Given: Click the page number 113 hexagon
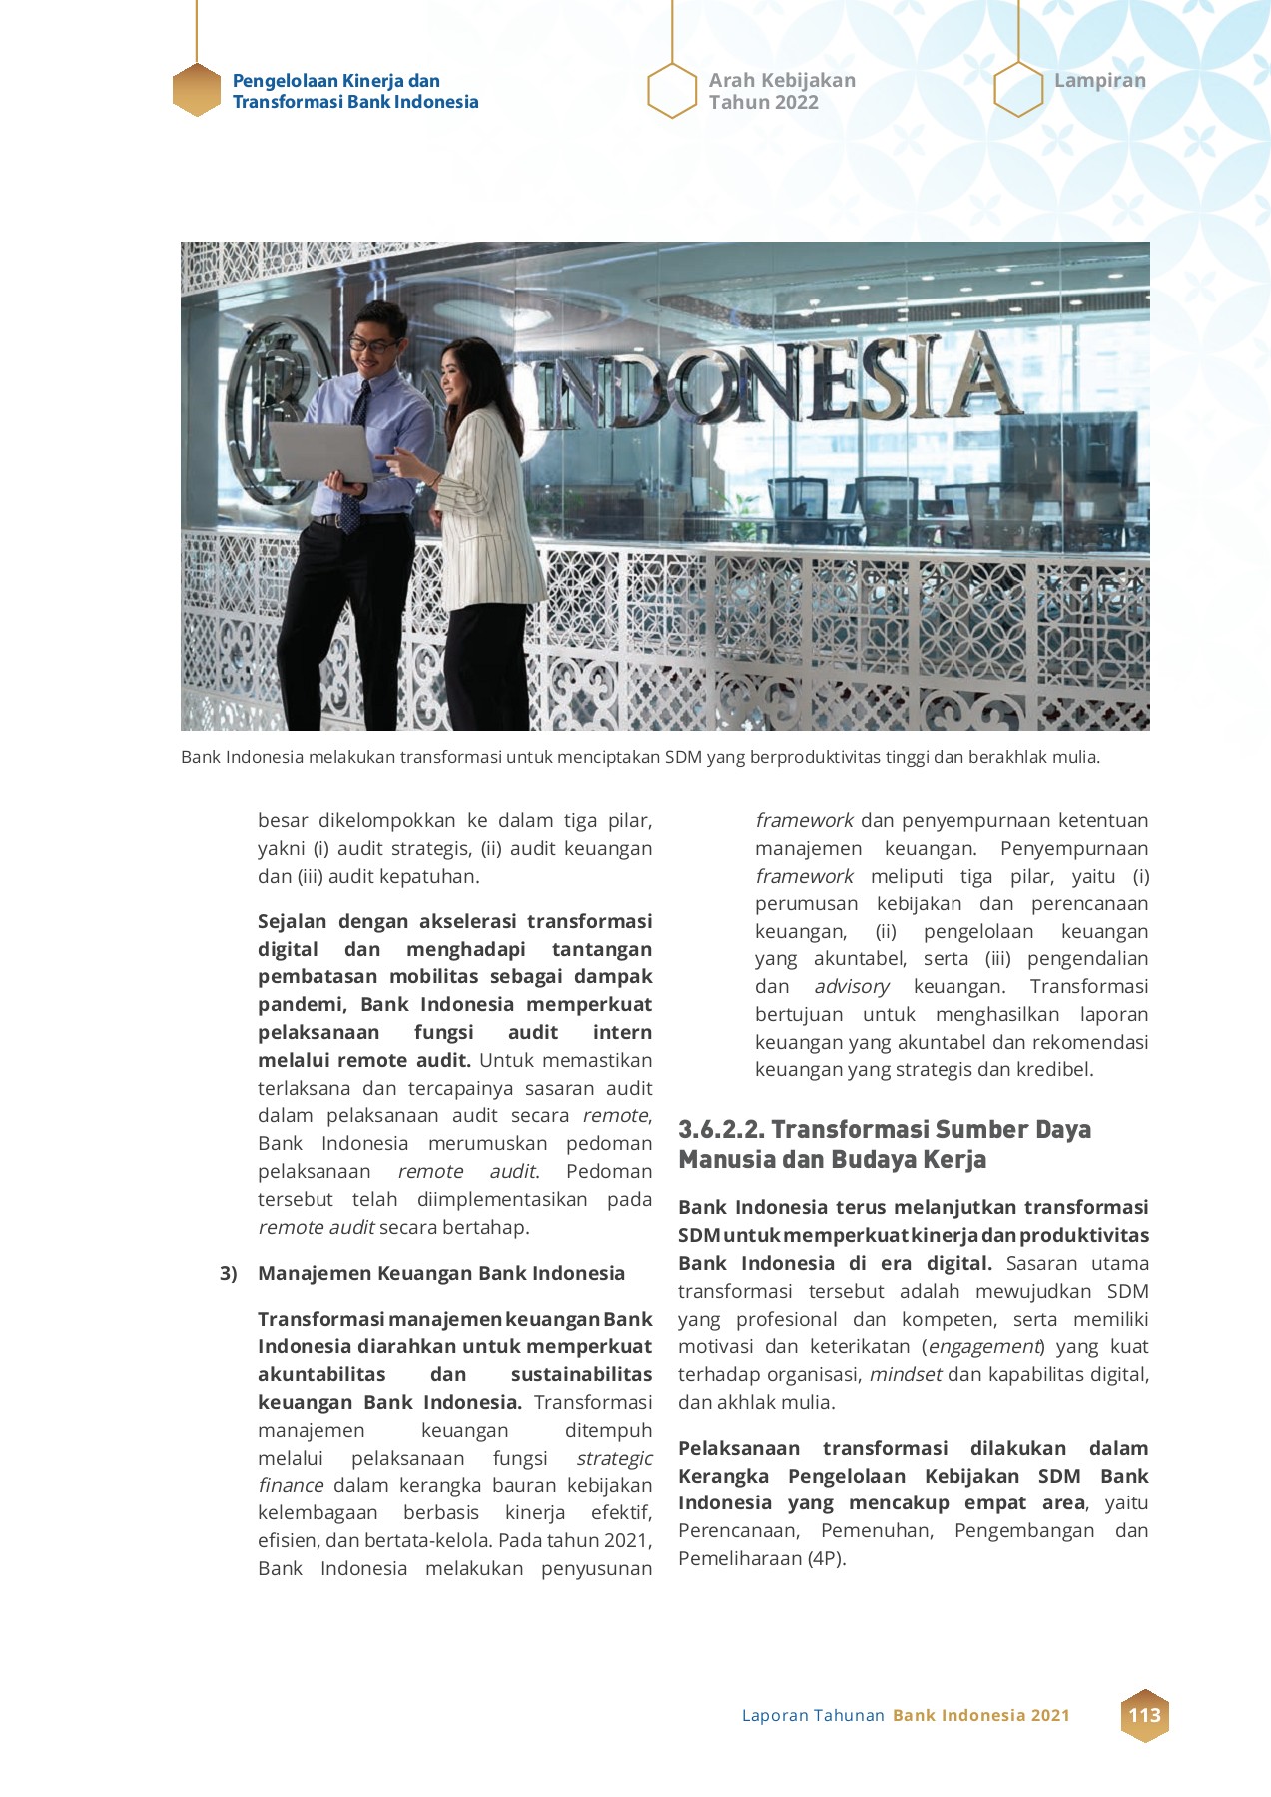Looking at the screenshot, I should (x=1144, y=1715).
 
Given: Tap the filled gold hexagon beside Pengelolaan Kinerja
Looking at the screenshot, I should (x=197, y=91).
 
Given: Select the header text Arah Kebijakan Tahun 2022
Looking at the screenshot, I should (x=781, y=91).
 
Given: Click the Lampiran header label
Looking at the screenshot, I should (x=1099, y=81).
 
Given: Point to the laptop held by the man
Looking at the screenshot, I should (x=318, y=450).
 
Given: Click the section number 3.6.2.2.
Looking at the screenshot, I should (x=721, y=1130).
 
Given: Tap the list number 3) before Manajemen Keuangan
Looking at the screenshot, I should (x=229, y=1273).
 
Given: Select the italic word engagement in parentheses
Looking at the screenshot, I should (x=983, y=1347).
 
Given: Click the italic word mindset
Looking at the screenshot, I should (x=905, y=1375).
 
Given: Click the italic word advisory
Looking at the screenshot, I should (x=851, y=987).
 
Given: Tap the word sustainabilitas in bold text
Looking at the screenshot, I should (x=581, y=1375).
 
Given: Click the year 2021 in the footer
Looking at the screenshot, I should (x=1049, y=1716).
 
